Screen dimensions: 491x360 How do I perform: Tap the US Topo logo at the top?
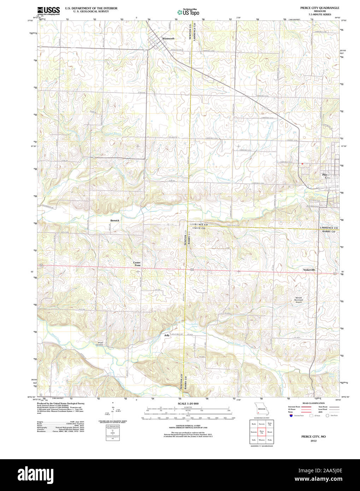[x=188, y=12]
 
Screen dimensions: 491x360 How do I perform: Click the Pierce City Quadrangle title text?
[x=320, y=8]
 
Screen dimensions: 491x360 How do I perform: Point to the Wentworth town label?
[x=168, y=39]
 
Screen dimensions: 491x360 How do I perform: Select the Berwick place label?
[x=115, y=220]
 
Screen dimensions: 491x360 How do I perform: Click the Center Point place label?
[x=137, y=264]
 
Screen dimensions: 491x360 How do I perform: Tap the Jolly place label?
[x=167, y=335]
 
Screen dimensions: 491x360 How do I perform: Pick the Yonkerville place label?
[x=309, y=270]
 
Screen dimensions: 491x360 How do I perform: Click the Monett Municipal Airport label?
[x=299, y=300]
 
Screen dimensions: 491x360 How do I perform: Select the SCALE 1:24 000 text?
[x=188, y=403]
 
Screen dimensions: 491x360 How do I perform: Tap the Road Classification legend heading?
[x=313, y=403]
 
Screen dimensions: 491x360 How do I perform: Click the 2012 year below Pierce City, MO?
[x=313, y=441]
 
